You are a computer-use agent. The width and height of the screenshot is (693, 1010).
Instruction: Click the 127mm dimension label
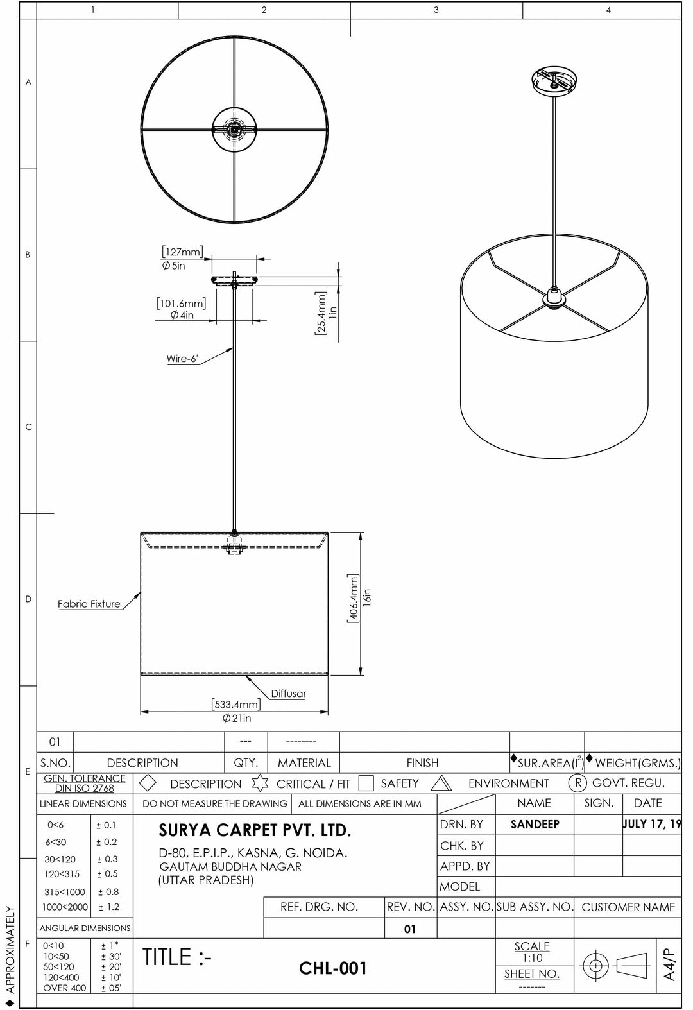pos(182,252)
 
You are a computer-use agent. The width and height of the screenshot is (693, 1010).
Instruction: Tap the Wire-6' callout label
pos(182,359)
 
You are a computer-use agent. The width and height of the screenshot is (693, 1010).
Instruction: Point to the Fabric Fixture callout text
pos(89,604)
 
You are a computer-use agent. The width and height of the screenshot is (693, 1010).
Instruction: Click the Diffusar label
pos(288,694)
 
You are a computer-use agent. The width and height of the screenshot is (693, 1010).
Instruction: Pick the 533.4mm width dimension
pos(236,705)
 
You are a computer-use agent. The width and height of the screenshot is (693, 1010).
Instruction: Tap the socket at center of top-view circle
pos(235,129)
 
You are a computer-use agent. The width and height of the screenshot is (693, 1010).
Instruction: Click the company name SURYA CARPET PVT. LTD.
pos(255,831)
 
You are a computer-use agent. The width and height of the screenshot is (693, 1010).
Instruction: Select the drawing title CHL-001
pos(333,968)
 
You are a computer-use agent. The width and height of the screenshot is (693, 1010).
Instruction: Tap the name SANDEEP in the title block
pos(535,825)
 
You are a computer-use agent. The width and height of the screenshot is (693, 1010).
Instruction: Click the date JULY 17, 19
pos(651,825)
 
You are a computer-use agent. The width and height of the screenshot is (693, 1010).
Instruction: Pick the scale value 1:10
pos(532,958)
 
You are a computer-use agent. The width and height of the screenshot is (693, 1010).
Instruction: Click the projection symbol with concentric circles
pos(595,965)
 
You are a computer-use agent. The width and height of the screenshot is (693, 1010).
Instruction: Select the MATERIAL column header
pos(304,763)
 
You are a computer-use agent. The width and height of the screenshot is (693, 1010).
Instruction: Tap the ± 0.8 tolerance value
pos(108,892)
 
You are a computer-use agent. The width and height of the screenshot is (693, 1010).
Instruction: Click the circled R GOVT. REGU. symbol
pos(577,783)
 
